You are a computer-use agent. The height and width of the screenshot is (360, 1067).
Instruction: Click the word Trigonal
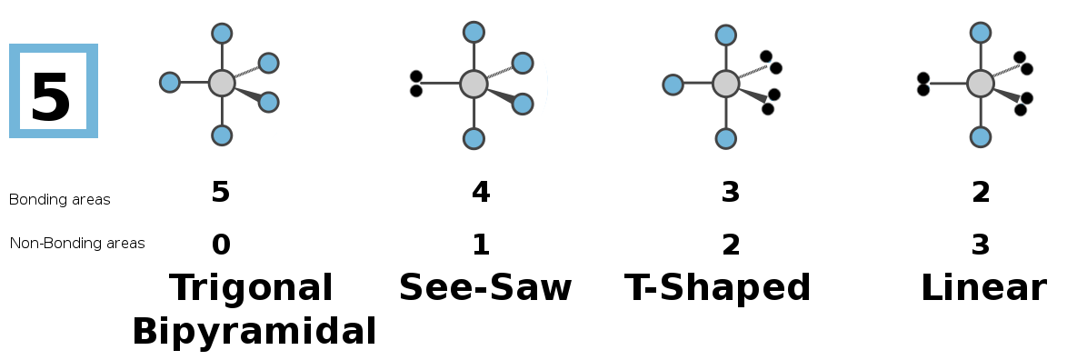pos(251,288)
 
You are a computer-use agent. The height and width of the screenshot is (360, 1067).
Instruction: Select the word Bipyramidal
pos(254,332)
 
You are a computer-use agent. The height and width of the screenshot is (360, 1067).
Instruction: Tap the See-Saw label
pos(485,287)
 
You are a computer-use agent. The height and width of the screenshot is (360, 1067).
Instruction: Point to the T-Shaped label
pos(718,288)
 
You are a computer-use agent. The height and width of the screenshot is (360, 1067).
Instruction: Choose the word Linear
pos(983,288)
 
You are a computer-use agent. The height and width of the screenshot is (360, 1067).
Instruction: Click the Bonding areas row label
pos(59,199)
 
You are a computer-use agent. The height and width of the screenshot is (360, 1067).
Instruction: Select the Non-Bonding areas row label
pos(77,243)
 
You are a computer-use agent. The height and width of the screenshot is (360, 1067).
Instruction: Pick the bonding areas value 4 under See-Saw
pos(481,192)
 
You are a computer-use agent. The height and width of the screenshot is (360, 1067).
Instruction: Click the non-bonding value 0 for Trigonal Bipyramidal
pos(221,245)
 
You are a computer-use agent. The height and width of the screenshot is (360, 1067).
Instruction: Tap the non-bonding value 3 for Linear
pos(981,245)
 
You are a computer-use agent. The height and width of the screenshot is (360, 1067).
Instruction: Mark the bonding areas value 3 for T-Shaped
pos(730,192)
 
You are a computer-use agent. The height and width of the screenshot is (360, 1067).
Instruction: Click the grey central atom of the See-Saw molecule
pos(474,84)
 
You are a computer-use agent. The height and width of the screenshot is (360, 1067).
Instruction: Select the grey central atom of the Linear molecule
pos(981,84)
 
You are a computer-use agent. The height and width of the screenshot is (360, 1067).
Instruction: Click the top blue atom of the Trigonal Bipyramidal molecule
pos(222,33)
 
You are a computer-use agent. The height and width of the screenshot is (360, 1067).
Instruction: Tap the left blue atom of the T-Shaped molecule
pos(673,85)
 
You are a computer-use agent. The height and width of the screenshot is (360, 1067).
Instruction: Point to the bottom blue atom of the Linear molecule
pos(981,136)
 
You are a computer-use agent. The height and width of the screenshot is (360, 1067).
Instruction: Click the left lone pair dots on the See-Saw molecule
pos(415,84)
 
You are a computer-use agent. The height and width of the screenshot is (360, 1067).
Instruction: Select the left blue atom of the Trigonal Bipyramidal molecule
pos(169,83)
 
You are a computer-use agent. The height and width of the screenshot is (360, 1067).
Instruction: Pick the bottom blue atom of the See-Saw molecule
pos(474,139)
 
